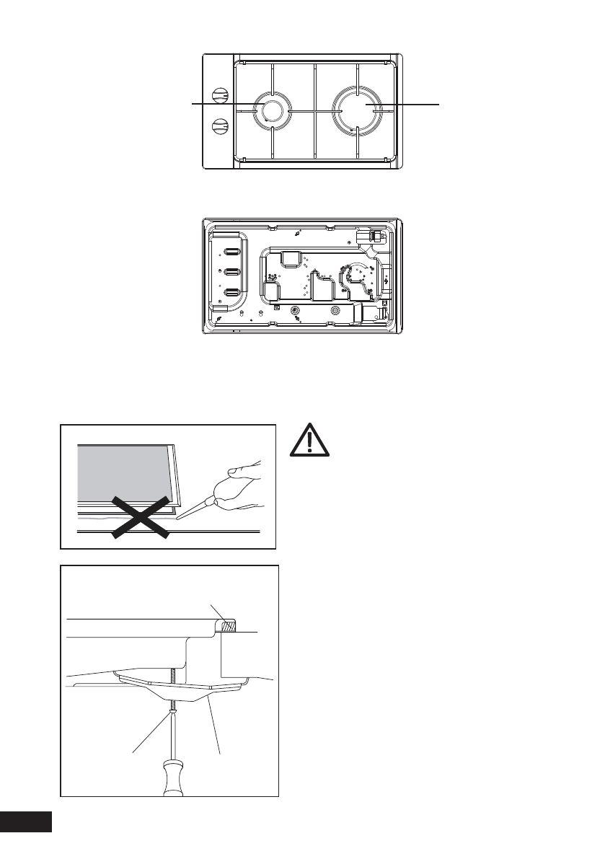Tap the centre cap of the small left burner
[272, 110]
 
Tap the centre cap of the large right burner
[359, 109]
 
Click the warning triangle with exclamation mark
[307, 441]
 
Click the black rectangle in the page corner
[26, 821]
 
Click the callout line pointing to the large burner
[404, 105]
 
